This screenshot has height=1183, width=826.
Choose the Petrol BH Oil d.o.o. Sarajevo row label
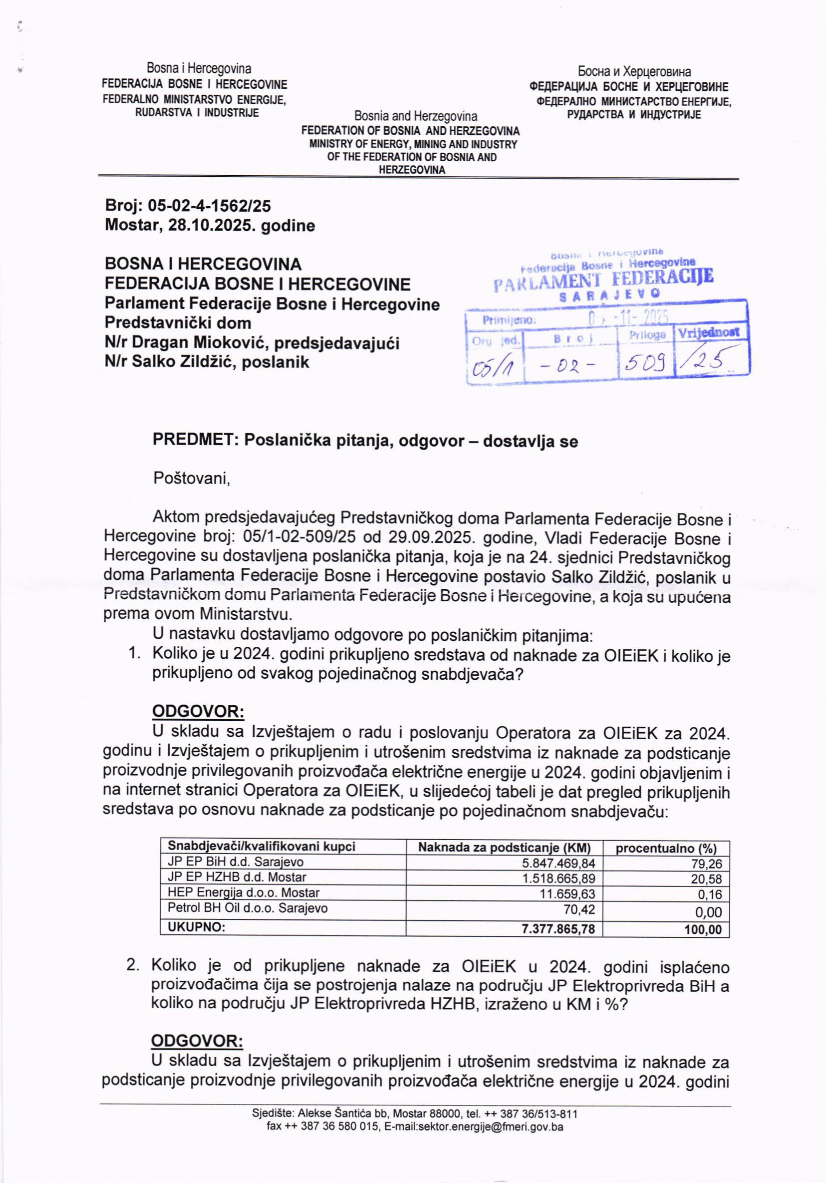[247, 908]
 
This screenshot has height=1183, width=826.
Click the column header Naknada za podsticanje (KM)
[504, 847]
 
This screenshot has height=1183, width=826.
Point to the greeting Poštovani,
[191, 479]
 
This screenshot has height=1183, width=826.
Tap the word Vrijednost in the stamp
[709, 332]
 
